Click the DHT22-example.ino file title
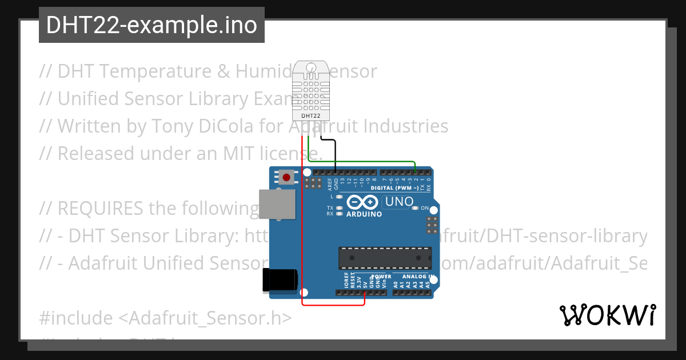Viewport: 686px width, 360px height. pos(151,25)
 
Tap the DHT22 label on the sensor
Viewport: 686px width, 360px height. pos(310,116)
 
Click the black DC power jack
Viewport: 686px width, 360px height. pos(280,281)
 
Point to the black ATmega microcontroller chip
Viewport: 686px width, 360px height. pos(385,258)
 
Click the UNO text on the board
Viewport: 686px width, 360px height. pos(399,202)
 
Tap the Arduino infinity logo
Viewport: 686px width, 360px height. pos(362,202)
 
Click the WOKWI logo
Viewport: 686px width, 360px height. pos(607,315)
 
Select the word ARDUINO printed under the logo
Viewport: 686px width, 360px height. pos(364,214)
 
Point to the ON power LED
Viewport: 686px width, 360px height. pos(416,208)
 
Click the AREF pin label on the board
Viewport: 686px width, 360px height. pos(330,183)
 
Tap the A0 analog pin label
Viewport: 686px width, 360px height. pos(396,282)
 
